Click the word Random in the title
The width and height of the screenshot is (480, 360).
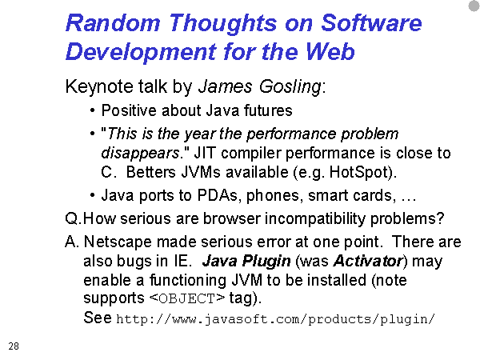[x=113, y=22]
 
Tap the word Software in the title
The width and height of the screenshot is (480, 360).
[x=371, y=22]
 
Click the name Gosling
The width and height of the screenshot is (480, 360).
[x=290, y=86]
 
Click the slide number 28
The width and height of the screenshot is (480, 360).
[x=14, y=346]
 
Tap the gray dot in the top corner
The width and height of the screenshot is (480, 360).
[x=474, y=6]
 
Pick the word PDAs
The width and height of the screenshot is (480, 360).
[x=218, y=195]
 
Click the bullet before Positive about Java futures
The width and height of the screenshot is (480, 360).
[x=93, y=110]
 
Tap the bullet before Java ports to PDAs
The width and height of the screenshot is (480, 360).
[x=93, y=195]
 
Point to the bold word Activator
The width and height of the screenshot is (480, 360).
[x=369, y=261]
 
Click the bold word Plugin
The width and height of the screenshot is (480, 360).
[x=266, y=262]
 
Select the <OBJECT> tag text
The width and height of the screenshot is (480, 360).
[x=187, y=298]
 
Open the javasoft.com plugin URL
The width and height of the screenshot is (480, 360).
[x=275, y=319]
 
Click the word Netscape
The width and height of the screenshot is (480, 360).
[x=118, y=242]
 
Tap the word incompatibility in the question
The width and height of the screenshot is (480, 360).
[x=315, y=219]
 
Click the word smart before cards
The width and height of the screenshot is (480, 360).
[x=328, y=195]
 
